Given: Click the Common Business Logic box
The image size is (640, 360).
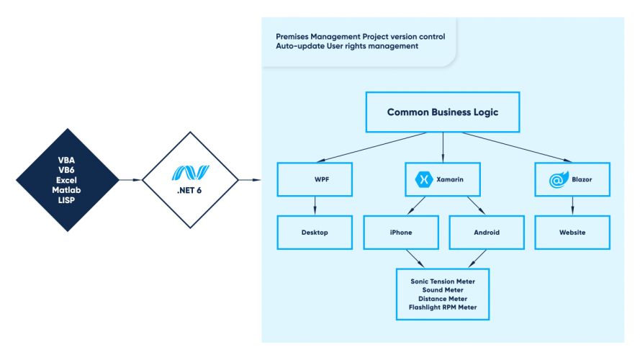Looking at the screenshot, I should pos(442,112).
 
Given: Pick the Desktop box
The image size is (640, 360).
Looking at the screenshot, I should pos(315,233).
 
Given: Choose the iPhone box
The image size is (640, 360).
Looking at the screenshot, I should pos(401,233).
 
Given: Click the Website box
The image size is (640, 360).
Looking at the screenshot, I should pos(572,233).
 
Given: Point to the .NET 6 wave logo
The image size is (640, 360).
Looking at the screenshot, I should pos(189,173).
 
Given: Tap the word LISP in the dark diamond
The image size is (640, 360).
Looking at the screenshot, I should pos(68,199).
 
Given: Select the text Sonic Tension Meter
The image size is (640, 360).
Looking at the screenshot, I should pos(443,281).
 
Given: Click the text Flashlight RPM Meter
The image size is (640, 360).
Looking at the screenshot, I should pos(443,307).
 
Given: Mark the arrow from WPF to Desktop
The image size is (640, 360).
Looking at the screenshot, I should pos(315,207).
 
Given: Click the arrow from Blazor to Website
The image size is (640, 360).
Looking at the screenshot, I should pos(572,207).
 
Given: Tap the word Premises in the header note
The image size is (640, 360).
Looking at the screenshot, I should pos(294,36).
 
